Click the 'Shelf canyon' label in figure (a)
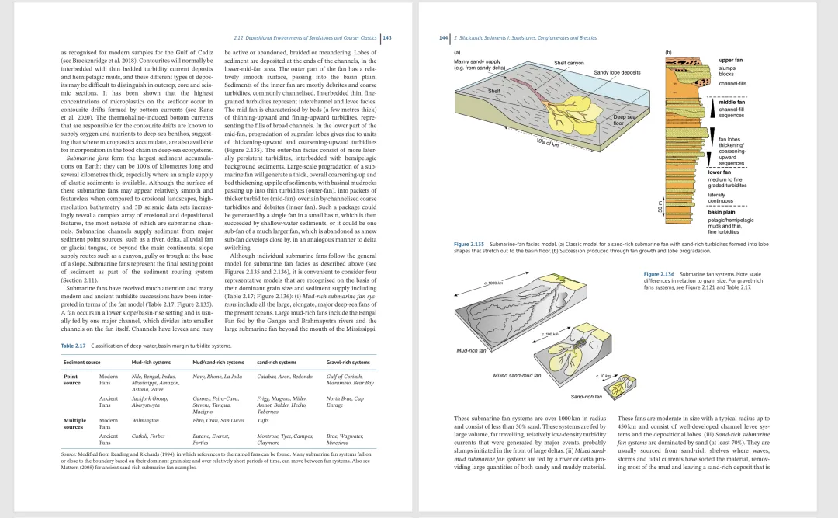(x=569, y=63)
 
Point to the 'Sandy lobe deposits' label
(x=617, y=72)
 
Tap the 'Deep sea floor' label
(x=625, y=120)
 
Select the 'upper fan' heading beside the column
(x=731, y=60)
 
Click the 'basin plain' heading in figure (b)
(x=722, y=211)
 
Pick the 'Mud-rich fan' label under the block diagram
(x=471, y=350)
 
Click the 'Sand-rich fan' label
(x=586, y=397)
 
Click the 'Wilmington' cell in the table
(x=145, y=420)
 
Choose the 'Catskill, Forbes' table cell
(x=149, y=437)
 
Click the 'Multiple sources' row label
(x=74, y=423)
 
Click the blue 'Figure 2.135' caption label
(x=469, y=244)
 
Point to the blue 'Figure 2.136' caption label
(x=660, y=274)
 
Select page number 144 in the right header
(x=444, y=37)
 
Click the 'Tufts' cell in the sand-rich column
(x=262, y=420)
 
